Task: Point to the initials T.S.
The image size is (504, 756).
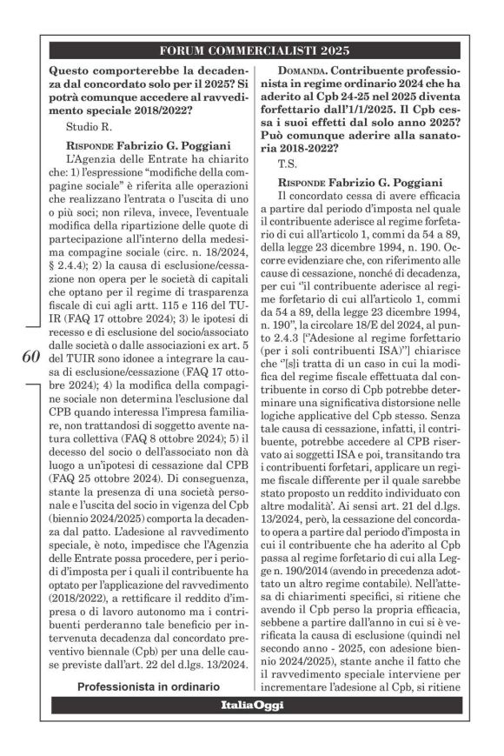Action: click(289, 164)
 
